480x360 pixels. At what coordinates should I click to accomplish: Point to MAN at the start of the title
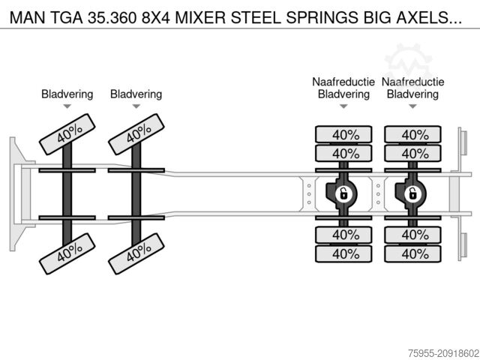[28, 14]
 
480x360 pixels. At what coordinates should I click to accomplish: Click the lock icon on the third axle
[343, 194]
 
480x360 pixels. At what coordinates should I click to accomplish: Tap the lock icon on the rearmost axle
[412, 194]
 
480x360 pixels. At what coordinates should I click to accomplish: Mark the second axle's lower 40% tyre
[136, 252]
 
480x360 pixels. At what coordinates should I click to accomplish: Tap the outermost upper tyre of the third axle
[343, 135]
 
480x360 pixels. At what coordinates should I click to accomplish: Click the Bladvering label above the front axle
[67, 94]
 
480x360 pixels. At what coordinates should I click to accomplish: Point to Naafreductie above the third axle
[343, 82]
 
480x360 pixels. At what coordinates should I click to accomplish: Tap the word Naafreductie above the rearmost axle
[412, 82]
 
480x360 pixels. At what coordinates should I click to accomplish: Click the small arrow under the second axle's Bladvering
[136, 106]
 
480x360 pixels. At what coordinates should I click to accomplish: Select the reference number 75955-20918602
[434, 351]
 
